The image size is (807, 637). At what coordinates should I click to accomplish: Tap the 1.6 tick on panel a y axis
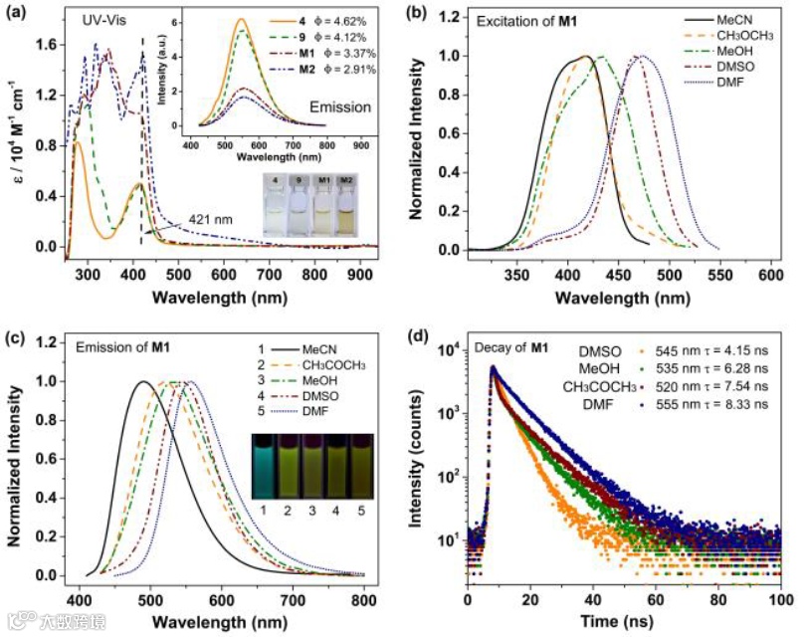coord(42,45)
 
